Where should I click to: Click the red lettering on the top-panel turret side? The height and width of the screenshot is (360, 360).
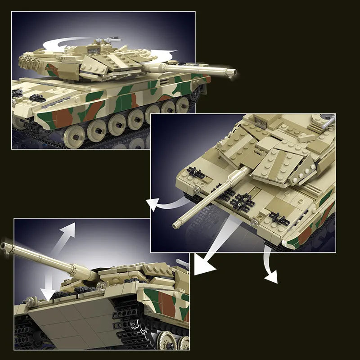pos(52,70)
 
